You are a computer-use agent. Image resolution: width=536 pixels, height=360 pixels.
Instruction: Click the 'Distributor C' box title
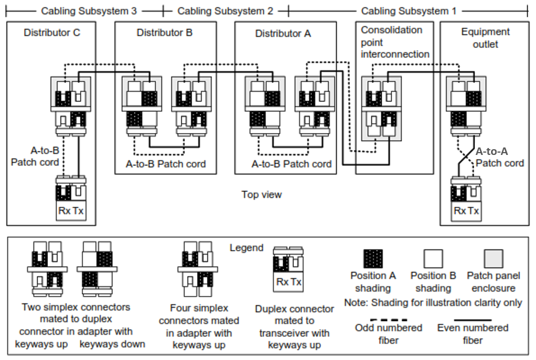(52, 33)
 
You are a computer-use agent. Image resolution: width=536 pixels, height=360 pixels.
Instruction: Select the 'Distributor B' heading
(165, 33)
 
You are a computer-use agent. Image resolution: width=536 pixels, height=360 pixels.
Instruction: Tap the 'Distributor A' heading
(283, 34)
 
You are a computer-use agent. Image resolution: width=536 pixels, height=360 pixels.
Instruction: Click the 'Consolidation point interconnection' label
(395, 42)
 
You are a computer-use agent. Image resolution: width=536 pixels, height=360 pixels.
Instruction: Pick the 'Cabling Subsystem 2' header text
(225, 11)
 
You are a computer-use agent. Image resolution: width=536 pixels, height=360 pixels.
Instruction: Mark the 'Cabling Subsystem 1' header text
(409, 11)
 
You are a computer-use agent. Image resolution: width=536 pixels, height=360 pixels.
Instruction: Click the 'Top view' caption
(262, 195)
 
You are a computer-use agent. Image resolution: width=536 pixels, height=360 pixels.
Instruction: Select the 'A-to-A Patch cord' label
(499, 157)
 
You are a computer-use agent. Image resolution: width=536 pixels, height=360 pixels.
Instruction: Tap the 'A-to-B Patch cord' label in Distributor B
(165, 164)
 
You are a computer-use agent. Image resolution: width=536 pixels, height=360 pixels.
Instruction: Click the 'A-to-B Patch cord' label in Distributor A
(292, 164)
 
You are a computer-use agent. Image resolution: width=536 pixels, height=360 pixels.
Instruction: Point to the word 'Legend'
(246, 248)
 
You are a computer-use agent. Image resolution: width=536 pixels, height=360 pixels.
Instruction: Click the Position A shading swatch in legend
(372, 259)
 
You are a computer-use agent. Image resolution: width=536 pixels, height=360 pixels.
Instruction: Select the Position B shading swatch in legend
(433, 259)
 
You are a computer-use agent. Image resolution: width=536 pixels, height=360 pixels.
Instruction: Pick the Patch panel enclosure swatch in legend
(493, 259)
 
